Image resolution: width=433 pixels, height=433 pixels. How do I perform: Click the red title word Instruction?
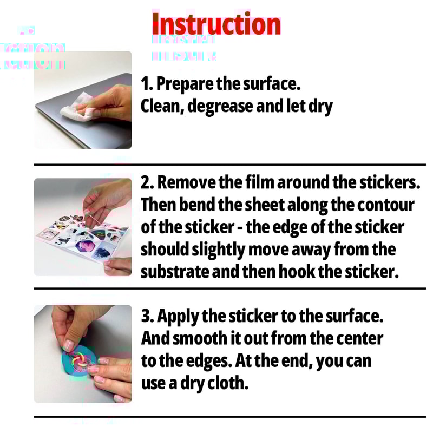216,25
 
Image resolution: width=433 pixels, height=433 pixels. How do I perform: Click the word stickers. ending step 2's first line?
390,183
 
